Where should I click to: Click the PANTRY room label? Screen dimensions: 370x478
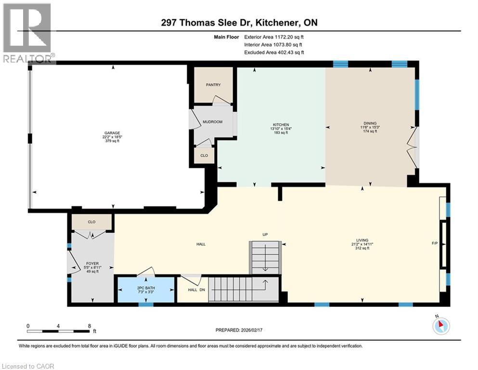(213, 85)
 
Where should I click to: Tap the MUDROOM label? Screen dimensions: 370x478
(212, 122)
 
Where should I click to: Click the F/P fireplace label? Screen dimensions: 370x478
(435, 244)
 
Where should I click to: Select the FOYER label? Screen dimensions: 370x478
(91, 264)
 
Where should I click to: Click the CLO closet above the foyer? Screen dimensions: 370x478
(91, 223)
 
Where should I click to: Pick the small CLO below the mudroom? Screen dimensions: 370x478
(204, 156)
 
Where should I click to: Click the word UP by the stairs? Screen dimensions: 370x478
(264, 235)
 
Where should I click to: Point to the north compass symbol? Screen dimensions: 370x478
(440, 325)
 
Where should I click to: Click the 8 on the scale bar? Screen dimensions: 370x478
(89, 326)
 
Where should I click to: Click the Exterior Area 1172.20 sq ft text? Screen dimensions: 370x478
(274, 36)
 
